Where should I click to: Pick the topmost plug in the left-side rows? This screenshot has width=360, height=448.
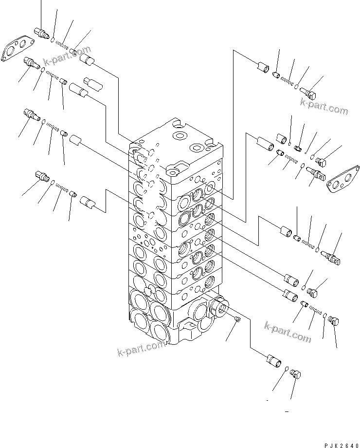(42, 34)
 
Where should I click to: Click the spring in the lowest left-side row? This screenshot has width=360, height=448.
(61, 187)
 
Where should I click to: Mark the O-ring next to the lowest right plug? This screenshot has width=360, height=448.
(287, 369)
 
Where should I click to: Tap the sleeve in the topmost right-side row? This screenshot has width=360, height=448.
(263, 68)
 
